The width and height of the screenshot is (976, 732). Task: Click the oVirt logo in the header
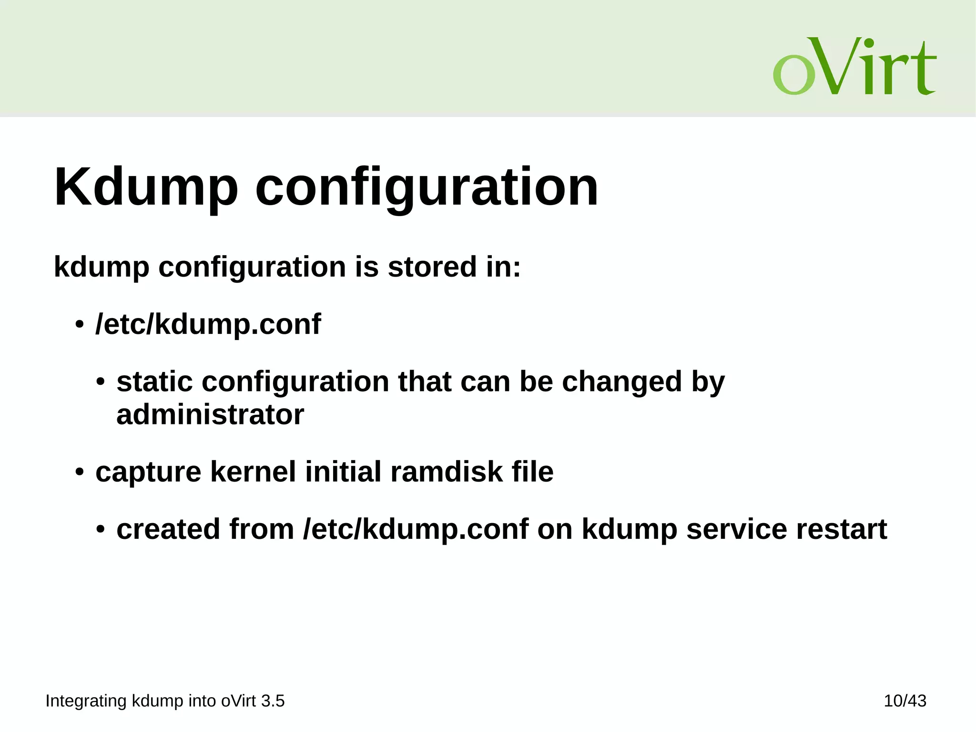pos(854,66)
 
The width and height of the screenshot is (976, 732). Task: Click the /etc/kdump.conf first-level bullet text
pos(208,324)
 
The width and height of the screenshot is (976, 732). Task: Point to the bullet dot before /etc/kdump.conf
pos(79,326)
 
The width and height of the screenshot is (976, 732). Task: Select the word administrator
pos(210,414)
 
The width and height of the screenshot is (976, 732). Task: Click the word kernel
pos(253,472)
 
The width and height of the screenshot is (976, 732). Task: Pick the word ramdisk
pos(446,472)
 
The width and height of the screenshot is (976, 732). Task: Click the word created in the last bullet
pos(168,529)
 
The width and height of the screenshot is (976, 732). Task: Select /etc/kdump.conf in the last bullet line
pos(416,529)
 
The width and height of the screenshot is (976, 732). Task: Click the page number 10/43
pos(905,701)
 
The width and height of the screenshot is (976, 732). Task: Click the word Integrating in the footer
pos(86,701)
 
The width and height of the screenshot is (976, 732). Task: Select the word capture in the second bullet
pos(148,472)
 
